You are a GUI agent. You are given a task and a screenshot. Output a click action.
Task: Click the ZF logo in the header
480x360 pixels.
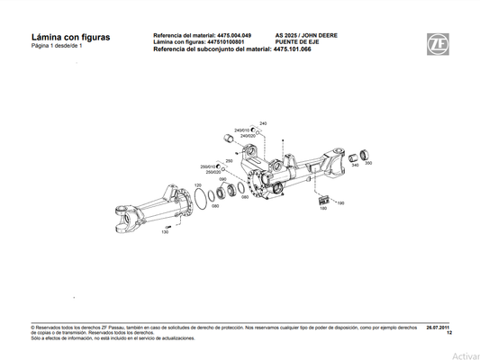(x=439, y=42)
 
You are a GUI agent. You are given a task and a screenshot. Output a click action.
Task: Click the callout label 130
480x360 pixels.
(x=165, y=232)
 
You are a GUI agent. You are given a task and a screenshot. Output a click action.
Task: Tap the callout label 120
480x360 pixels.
(x=198, y=185)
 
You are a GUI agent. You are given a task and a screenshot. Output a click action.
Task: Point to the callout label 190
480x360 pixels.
(x=340, y=203)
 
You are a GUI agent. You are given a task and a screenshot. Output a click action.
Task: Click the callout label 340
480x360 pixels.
(x=356, y=165)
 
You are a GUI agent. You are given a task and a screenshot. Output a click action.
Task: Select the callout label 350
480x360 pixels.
(x=368, y=163)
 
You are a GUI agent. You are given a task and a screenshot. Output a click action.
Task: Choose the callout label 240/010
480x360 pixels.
(x=242, y=130)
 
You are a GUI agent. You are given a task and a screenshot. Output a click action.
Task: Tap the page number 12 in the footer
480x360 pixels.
(x=448, y=334)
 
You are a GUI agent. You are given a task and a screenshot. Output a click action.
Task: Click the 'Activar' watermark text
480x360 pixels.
(x=466, y=355)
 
